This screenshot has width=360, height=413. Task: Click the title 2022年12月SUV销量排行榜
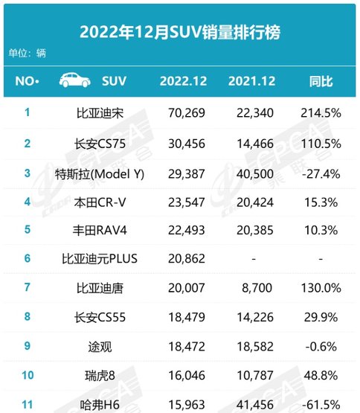180,32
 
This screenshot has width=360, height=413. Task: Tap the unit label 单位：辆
27,53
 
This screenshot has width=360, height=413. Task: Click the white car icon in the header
75,80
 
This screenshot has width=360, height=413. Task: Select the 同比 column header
321,81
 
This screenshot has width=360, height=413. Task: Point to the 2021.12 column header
251,81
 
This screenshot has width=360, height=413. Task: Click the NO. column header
27,81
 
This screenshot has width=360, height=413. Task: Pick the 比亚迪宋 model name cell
100,113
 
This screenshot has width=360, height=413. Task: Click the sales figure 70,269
187,113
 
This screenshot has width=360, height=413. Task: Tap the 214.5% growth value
321,113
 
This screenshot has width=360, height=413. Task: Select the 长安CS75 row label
100,144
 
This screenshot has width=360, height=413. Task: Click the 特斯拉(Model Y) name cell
100,174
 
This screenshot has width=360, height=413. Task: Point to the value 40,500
255,174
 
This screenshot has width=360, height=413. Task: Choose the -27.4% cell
321,174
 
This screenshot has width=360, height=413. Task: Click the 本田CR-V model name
100,202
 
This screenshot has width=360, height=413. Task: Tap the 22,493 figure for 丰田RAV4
187,230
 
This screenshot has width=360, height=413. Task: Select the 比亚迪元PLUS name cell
100,259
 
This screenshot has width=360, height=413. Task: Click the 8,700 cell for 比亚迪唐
257,288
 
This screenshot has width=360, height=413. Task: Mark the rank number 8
28,316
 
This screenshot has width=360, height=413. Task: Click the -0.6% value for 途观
321,347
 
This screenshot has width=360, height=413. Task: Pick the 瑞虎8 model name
100,376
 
